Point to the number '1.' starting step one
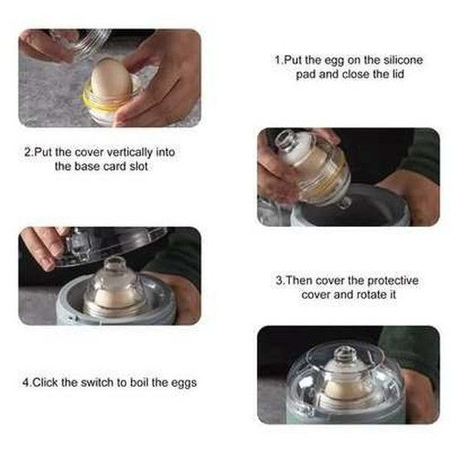click(x=277, y=59)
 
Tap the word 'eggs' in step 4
click(x=183, y=383)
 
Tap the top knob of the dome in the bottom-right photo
click(x=344, y=354)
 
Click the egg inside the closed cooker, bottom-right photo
click(x=343, y=389)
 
